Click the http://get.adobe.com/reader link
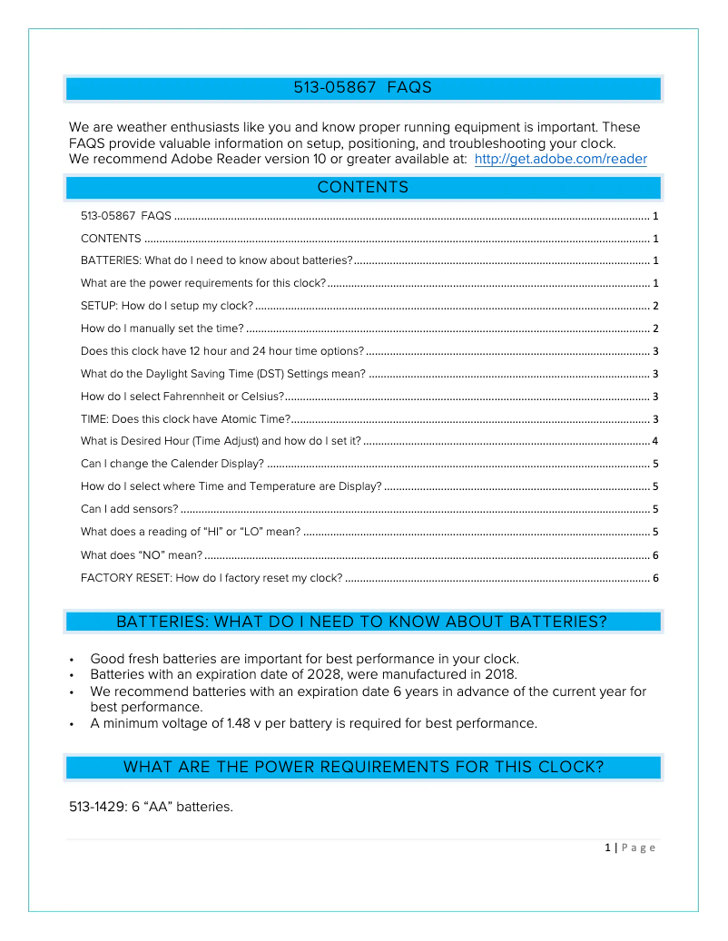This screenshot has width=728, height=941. pyautogui.click(x=560, y=160)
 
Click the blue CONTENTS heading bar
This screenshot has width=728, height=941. pyautogui.click(x=363, y=188)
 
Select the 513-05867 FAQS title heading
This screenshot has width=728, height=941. pyautogui.click(x=363, y=88)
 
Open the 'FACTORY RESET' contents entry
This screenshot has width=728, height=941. pyautogui.click(x=212, y=578)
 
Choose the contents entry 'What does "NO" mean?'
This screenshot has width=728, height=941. pyautogui.click(x=142, y=555)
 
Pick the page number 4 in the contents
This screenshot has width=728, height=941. pyautogui.click(x=654, y=442)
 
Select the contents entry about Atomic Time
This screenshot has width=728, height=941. pyautogui.click(x=185, y=419)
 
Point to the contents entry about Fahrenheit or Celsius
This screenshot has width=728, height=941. pyautogui.click(x=182, y=397)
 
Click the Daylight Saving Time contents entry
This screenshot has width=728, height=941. pyautogui.click(x=223, y=374)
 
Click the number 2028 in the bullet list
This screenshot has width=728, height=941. pyautogui.click(x=335, y=674)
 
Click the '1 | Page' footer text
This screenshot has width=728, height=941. pyautogui.click(x=630, y=848)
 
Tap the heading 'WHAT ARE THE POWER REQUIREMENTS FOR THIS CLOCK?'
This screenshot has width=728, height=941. pyautogui.click(x=363, y=767)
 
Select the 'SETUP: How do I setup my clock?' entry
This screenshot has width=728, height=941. pyautogui.click(x=167, y=306)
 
